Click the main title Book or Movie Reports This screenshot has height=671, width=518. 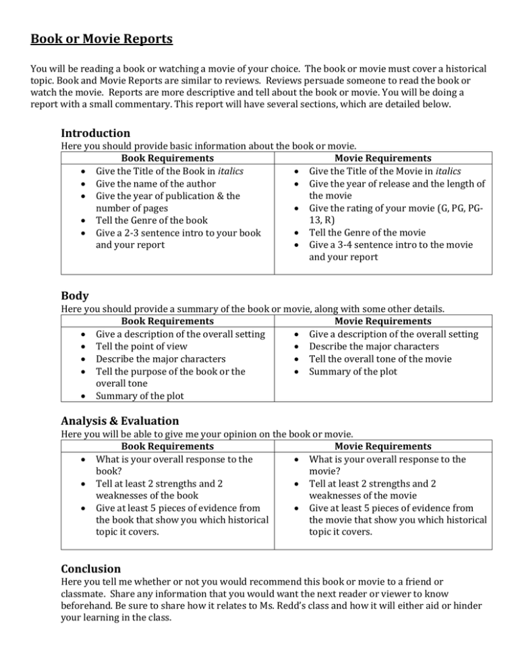pos(102,38)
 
